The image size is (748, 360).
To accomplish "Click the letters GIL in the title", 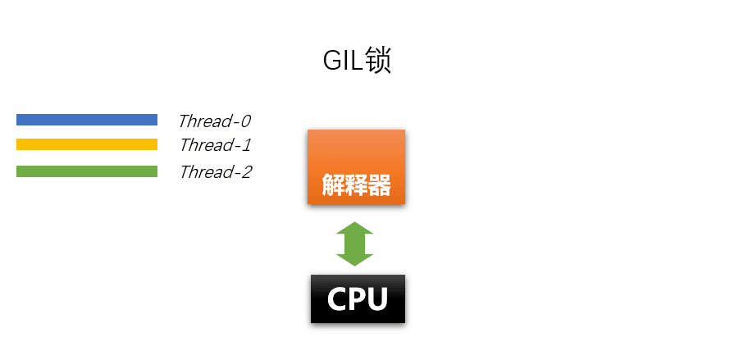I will tap(342, 62).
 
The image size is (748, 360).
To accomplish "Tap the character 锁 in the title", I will tap(377, 62).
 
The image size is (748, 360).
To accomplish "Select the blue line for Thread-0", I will tap(87, 120).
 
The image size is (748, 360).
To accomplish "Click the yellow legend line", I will tap(87, 145).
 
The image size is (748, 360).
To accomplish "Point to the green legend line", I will tap(87, 171).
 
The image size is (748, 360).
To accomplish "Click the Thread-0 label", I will tap(214, 121).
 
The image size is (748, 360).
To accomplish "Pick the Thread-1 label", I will tap(214, 146).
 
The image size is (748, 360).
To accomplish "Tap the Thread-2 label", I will tap(215, 172).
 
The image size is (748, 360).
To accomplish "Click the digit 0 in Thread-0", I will tap(244, 121).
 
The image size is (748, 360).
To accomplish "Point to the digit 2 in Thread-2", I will tap(245, 172).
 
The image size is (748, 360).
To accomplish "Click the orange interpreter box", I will tap(356, 166).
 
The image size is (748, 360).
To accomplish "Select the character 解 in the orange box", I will tap(333, 185).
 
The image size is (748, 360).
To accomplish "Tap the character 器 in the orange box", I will tap(379, 185).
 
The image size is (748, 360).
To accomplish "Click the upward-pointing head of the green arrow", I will tap(355, 229).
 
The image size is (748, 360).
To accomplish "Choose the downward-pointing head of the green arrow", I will tap(355, 258).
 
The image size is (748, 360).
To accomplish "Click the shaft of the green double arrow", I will tap(355, 244).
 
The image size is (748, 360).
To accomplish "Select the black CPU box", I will tap(358, 298).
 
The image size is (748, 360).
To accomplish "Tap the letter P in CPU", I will tap(358, 299).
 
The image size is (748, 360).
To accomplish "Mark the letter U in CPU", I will tap(376, 299).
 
